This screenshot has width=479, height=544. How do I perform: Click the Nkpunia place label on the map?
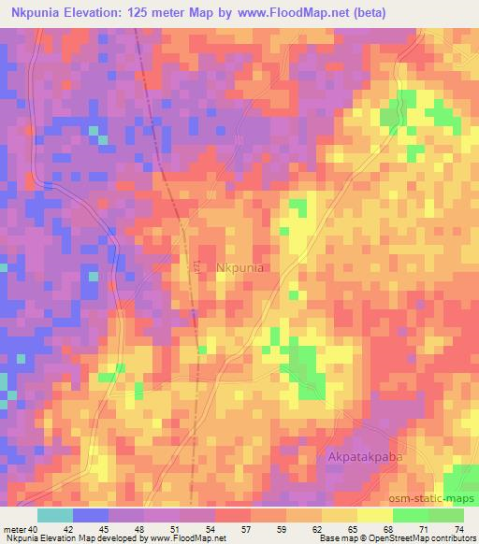(240, 268)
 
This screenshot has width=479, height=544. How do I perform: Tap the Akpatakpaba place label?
(367, 457)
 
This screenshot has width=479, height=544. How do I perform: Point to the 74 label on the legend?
(459, 530)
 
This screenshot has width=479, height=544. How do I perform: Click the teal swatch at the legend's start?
(54, 515)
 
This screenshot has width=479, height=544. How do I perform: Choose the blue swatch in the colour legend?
(90, 515)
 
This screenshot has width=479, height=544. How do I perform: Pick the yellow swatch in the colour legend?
(374, 515)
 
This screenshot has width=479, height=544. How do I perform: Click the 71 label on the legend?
(427, 530)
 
